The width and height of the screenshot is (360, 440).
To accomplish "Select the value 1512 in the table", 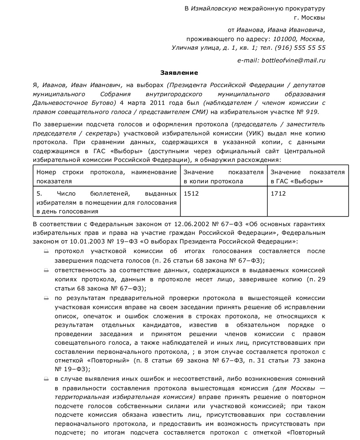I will tap(191, 193).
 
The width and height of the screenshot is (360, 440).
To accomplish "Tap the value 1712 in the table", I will tap(278, 193).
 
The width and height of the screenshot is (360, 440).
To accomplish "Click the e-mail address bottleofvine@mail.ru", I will tap(293, 60).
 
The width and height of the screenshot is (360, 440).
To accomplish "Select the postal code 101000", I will tap(281, 38).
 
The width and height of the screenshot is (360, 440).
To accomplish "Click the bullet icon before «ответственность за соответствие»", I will tap(46, 270).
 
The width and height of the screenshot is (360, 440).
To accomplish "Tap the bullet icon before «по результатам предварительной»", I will tap(46, 297).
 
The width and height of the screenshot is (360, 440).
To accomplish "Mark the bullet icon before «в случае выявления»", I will tap(46, 378).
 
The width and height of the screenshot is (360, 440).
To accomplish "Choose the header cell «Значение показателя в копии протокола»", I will tap(223, 176).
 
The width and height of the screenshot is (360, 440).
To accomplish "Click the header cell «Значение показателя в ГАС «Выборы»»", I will tap(308, 176).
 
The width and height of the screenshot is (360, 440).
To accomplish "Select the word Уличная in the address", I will tap(185, 47).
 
